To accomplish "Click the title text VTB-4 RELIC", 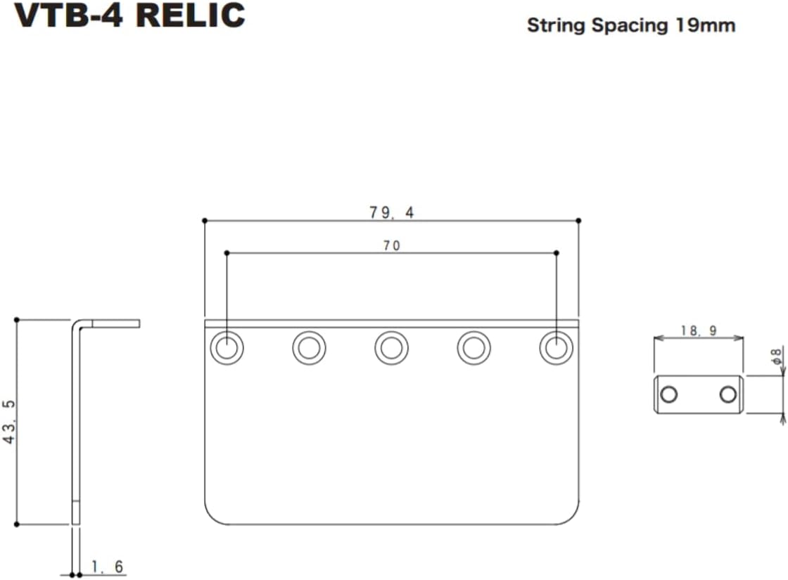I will [130, 15].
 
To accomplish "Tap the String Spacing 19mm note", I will [631, 26].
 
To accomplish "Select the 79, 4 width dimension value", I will [392, 212].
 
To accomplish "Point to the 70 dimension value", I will [392, 245].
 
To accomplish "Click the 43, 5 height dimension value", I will [10, 422].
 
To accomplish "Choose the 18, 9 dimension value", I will [699, 330].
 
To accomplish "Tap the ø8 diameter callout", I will [776, 356].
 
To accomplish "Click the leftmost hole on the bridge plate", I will [227, 347].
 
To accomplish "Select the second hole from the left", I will [309, 347].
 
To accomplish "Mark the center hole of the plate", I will [391, 347].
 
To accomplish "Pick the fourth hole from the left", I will [474, 347].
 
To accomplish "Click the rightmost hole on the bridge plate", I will [556, 347].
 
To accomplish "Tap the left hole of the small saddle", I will [669, 394].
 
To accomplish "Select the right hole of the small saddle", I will [728, 394].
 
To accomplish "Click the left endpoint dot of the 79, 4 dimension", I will [205, 221].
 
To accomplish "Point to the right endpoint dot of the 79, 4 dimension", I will [578, 221].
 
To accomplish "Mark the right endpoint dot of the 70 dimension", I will [557, 252].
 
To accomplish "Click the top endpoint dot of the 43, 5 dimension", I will [16, 320].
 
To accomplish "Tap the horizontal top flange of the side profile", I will [113, 323].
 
